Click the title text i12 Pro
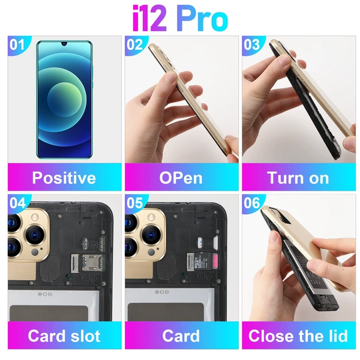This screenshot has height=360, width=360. coord(181,19)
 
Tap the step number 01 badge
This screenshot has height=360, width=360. coord(17,44)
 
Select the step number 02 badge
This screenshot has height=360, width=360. coord(134,44)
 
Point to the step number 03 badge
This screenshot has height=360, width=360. coord(251,44)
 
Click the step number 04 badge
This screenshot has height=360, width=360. coord(17,203)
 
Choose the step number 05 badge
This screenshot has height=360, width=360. coord(134,203)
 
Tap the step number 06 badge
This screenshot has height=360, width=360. coord(251,203)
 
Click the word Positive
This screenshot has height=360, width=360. coord(64,178)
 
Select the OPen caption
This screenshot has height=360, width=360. coord(181,178)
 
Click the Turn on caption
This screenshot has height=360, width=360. coord(298,178)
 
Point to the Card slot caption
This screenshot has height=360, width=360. coord(64,336)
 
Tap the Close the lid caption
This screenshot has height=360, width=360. coord(298,336)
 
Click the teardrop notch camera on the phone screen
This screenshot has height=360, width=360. coord(64,44)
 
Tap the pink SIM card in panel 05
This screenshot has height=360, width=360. coord(216,261)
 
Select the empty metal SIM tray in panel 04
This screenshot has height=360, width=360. coord(92,263)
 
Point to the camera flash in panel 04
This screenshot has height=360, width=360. coord(35,217)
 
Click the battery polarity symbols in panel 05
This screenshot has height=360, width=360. coord(162,292)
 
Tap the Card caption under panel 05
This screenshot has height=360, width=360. coord(181,336)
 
